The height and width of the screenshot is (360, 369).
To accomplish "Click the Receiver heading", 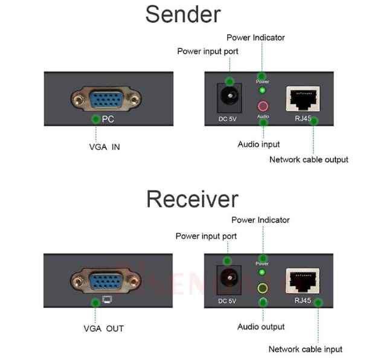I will pos(192,199).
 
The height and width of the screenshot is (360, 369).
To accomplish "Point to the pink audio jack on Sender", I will pos(263,105).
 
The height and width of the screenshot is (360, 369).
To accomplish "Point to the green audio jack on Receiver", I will pos(263,288).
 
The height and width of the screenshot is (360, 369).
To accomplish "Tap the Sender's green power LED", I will pos(263,90).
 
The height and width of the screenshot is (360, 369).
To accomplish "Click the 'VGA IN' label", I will pos(104,147).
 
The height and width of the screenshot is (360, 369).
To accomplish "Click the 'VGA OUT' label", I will pos(103,329).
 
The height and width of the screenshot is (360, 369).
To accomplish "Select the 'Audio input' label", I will pos(258,144).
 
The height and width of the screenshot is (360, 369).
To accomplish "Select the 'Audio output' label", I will pos(261,327).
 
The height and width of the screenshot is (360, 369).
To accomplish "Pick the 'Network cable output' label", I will pos(309,159).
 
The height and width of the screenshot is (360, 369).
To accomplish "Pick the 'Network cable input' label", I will pos(305,349).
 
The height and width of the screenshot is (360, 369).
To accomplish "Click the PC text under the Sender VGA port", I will pos(107,120).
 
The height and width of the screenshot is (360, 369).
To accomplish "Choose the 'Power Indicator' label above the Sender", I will pos(255,37).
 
